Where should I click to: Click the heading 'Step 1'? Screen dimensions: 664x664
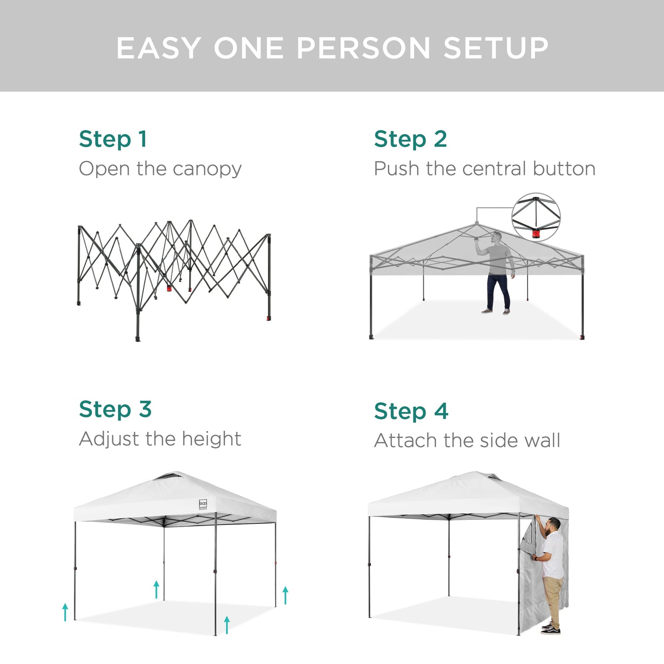click(x=113, y=139)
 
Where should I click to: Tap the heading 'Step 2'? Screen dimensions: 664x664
click(x=410, y=139)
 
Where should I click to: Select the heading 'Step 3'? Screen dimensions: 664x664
click(x=115, y=409)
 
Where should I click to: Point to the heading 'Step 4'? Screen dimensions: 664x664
click(x=411, y=411)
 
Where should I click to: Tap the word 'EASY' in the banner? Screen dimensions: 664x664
click(x=159, y=48)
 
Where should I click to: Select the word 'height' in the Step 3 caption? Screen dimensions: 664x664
click(x=211, y=439)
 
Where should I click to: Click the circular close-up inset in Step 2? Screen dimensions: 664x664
click(x=536, y=217)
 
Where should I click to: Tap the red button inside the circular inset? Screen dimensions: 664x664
click(x=536, y=234)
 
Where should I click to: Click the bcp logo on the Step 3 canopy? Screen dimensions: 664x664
click(x=203, y=504)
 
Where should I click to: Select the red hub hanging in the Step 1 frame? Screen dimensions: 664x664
click(x=169, y=289)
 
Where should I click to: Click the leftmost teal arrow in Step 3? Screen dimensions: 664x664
click(x=65, y=612)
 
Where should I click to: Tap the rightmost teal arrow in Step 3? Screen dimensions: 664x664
click(x=285, y=595)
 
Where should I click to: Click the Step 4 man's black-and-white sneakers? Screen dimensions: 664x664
click(x=550, y=629)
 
